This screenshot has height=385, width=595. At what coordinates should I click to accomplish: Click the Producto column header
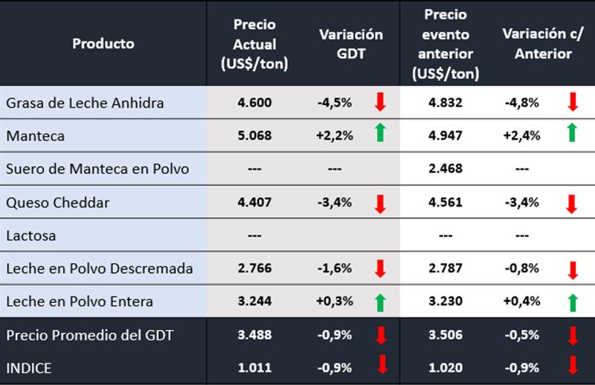(x=103, y=43)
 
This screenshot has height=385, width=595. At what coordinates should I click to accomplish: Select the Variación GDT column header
(x=351, y=43)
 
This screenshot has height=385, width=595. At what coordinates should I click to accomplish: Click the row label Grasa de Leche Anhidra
(x=85, y=103)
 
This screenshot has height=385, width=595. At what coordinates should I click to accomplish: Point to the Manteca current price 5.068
(x=255, y=136)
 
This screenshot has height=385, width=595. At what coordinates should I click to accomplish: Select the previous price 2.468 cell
(x=445, y=169)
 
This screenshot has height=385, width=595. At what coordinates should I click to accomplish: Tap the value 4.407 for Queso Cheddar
(x=255, y=202)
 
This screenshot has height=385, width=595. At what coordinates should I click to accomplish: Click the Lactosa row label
(x=31, y=236)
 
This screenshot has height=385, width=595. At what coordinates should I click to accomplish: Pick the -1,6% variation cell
(x=335, y=268)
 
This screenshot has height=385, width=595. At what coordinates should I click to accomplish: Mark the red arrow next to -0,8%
(x=572, y=269)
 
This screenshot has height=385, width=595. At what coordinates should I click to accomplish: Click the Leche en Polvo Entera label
(x=80, y=302)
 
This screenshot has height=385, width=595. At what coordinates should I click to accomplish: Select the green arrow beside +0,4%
(x=572, y=301)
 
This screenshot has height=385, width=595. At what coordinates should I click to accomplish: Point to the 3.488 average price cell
(x=255, y=335)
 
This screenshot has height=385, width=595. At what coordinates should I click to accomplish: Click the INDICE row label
(x=29, y=367)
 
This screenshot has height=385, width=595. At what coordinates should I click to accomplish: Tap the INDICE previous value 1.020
(x=445, y=367)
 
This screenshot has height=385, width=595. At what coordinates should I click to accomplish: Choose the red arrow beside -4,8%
(x=572, y=102)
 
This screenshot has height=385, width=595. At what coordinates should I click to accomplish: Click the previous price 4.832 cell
(x=445, y=103)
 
